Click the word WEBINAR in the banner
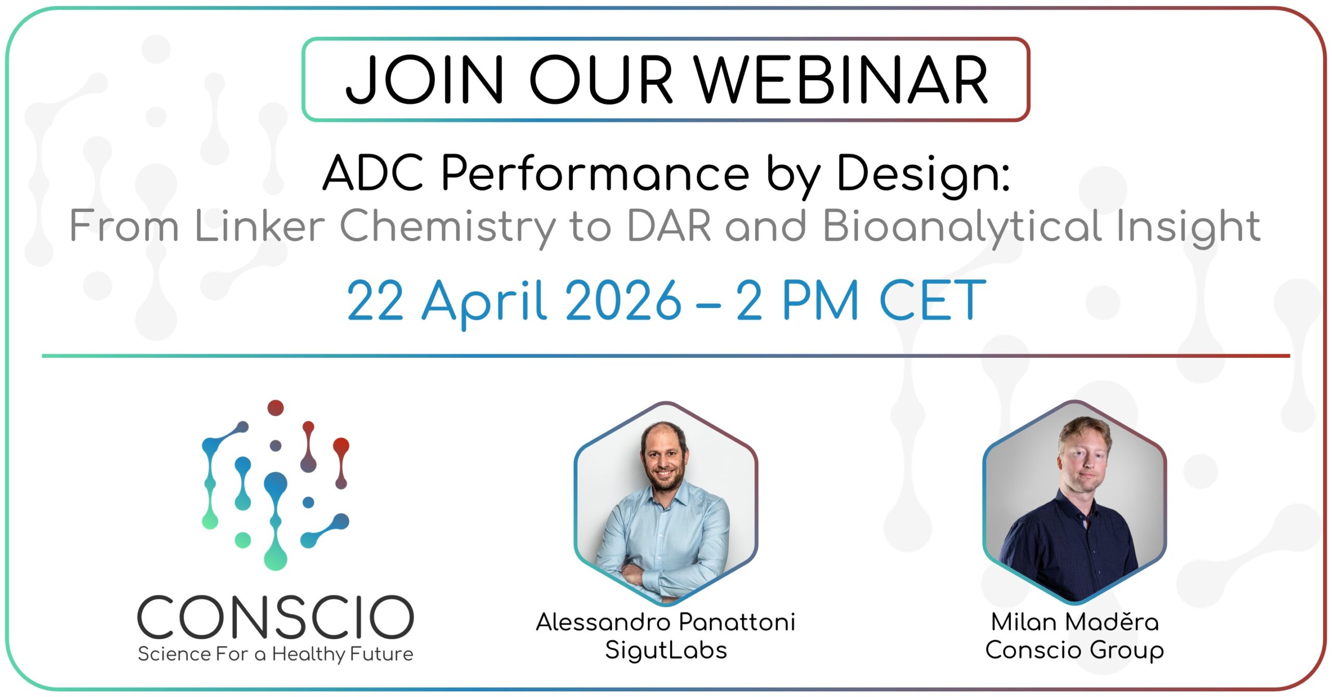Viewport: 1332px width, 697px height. [841, 80]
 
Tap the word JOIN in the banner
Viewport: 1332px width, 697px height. [425, 80]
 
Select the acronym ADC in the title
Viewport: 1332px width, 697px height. [374, 173]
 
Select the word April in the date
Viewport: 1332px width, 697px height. [484, 303]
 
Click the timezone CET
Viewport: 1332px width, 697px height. [932, 300]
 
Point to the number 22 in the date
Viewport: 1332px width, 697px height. [375, 300]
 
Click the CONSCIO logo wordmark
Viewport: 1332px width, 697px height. [276, 617]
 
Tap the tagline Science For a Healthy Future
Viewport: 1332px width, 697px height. [276, 654]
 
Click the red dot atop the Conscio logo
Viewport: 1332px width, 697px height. [275, 408]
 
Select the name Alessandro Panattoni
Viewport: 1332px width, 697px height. [666, 622]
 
